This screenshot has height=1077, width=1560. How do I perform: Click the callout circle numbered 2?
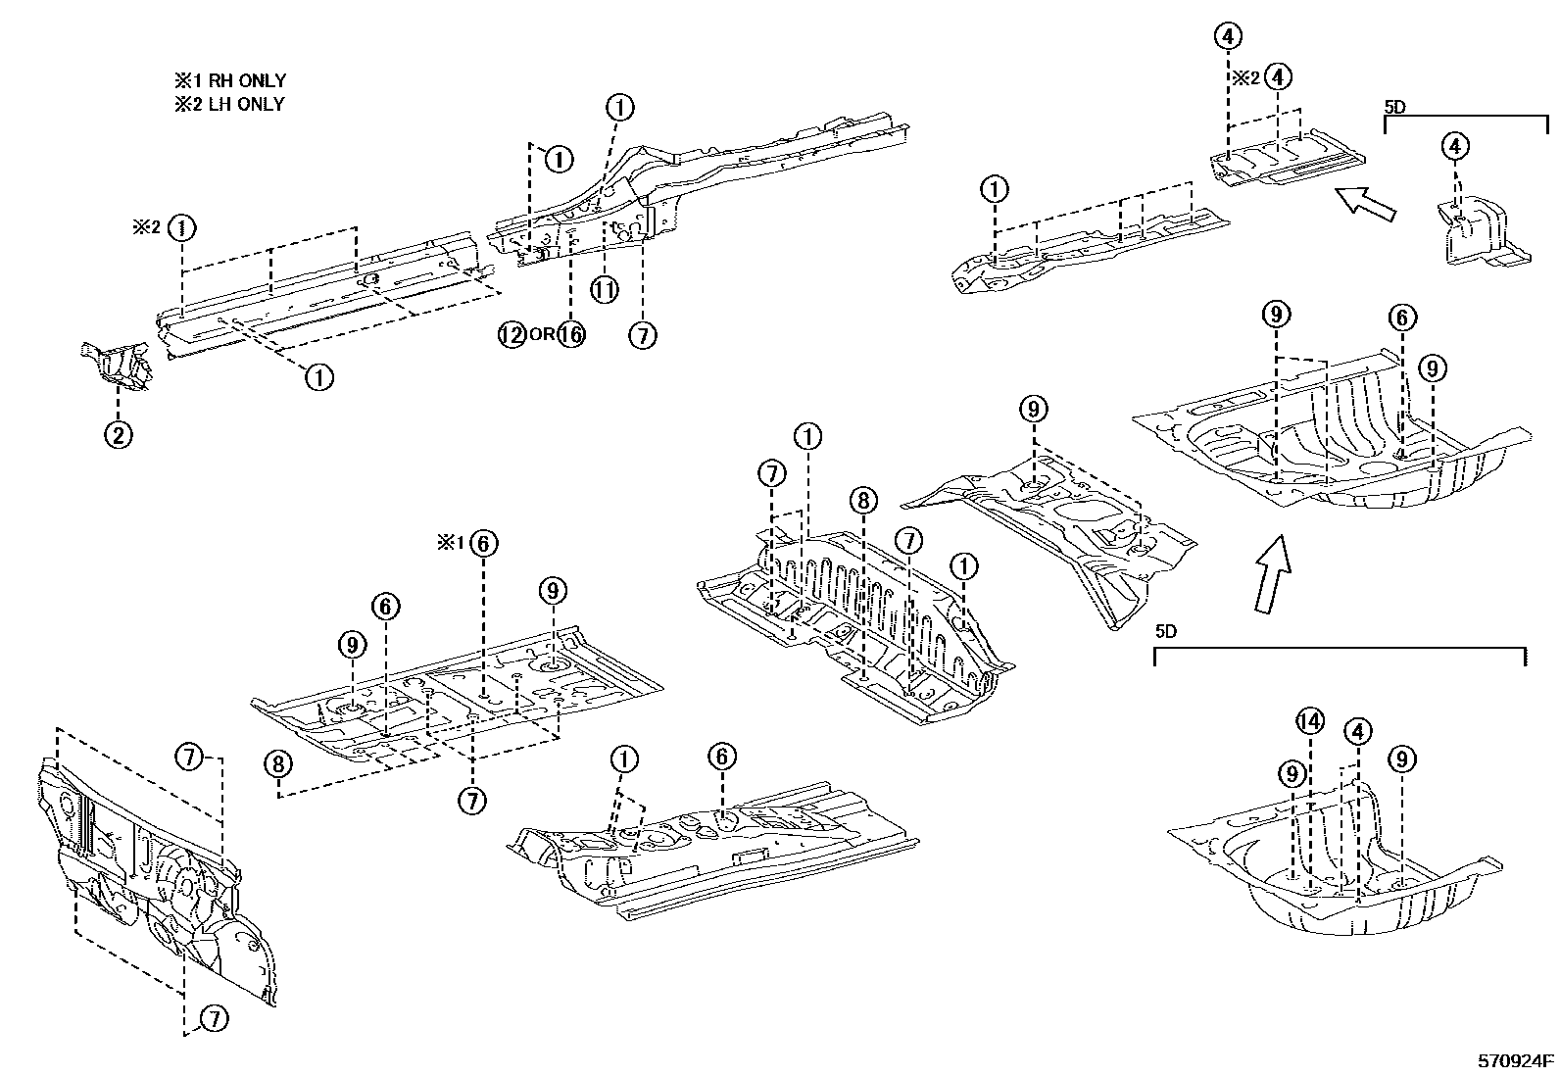coord(118,434)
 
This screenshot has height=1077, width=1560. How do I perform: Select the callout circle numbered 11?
coord(605,289)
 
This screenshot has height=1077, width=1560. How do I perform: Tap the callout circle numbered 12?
coord(512,335)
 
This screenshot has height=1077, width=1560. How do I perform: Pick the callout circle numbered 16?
coord(571,335)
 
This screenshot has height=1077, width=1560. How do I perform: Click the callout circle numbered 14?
coord(1310,722)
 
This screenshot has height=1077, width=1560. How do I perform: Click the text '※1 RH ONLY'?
coord(229,81)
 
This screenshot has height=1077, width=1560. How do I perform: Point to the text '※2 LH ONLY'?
coord(229,104)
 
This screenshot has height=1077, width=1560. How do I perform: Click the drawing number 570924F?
coord(1516,1059)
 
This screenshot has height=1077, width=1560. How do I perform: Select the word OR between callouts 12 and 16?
coord(541,335)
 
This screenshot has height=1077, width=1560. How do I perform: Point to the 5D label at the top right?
coord(1394,106)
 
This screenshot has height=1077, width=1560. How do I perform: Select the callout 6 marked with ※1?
coord(483,543)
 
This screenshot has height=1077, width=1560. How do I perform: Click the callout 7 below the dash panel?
coord(213,1019)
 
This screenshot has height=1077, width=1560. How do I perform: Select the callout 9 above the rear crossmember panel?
coord(1034,409)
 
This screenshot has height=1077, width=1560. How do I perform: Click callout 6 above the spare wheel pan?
coord(1402,318)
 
